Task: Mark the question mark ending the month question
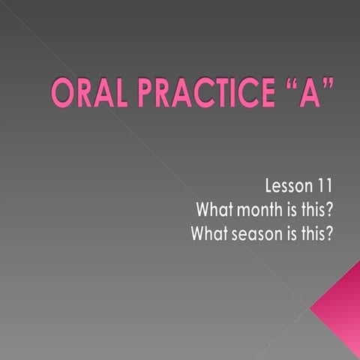pos(332,208)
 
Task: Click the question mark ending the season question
pos(332,233)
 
